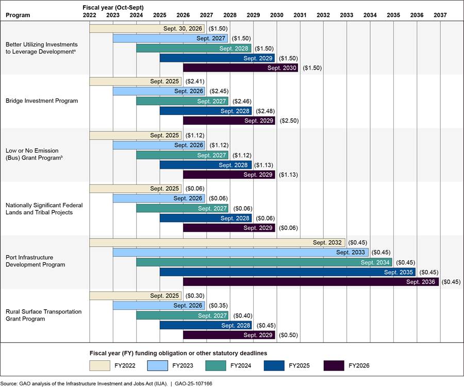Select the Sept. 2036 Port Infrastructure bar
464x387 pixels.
click(x=311, y=282)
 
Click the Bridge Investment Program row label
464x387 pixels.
click(x=42, y=100)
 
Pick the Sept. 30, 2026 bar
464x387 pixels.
click(x=147, y=28)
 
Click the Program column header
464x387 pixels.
click(x=18, y=15)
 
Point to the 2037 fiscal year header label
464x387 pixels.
click(x=440, y=15)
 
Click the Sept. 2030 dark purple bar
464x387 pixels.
click(x=241, y=68)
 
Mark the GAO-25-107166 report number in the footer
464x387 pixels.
click(x=193, y=383)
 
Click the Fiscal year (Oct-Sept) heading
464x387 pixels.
click(x=113, y=8)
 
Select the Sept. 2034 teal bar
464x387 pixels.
click(x=264, y=262)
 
